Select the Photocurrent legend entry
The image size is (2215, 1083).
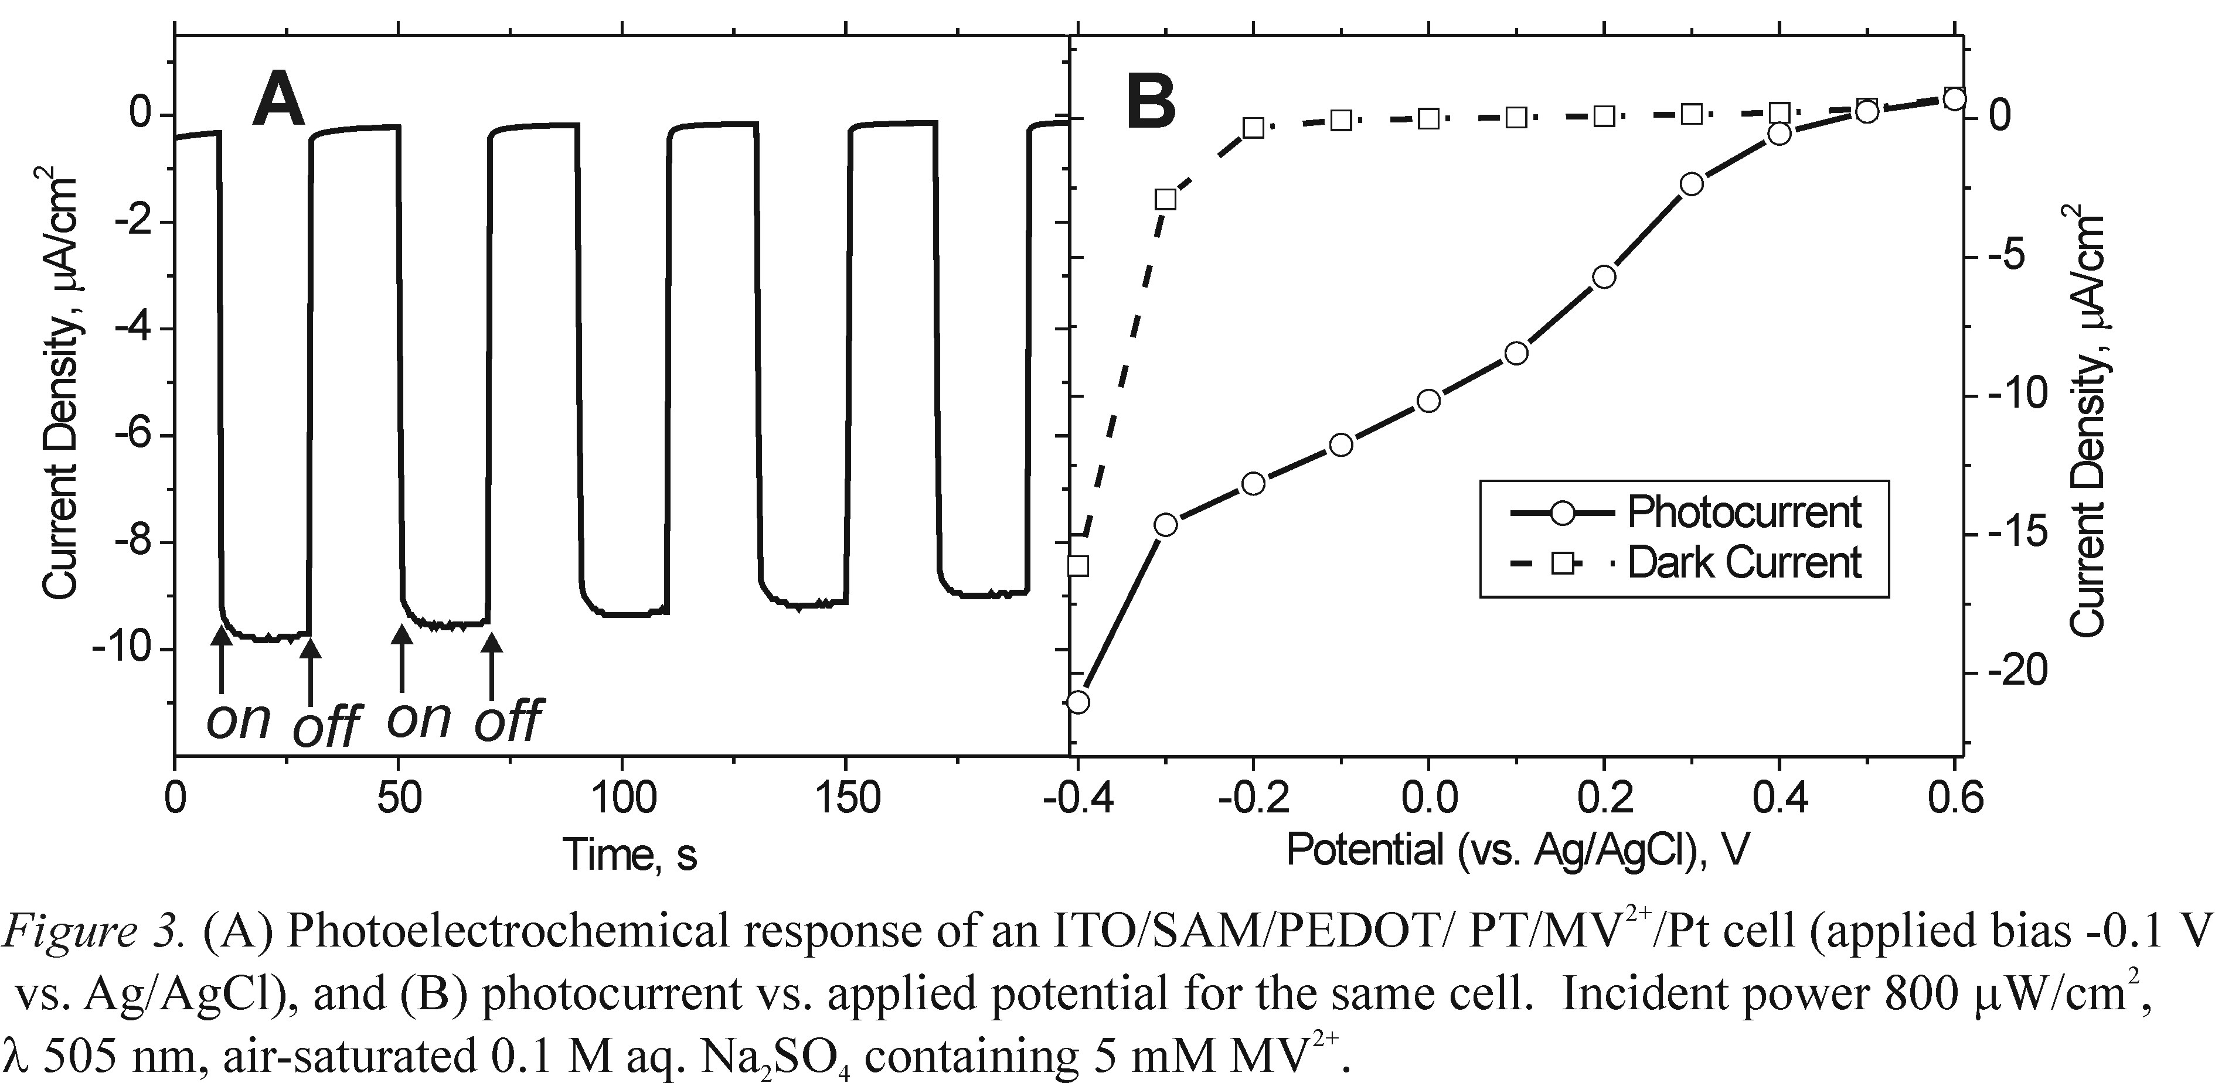(1744, 513)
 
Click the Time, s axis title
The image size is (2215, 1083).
(630, 855)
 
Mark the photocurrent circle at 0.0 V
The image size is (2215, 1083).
(1429, 401)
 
